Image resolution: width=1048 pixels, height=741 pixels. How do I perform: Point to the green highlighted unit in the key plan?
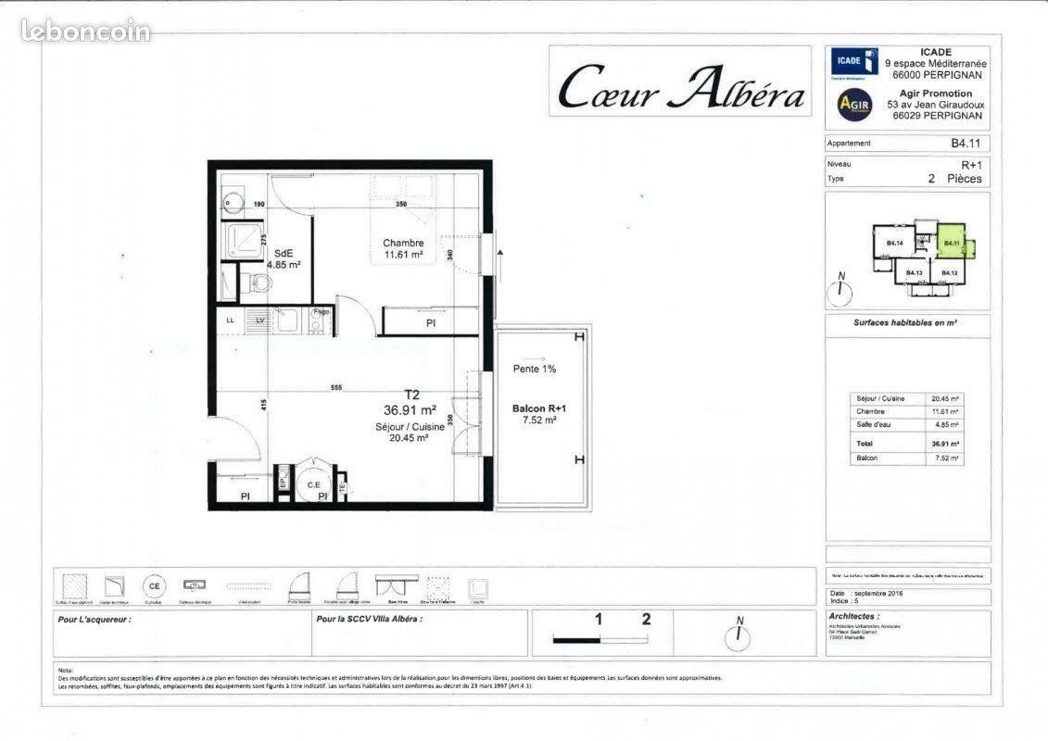949,244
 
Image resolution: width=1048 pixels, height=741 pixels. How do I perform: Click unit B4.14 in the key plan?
894,244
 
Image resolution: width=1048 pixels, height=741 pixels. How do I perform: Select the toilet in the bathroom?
254,283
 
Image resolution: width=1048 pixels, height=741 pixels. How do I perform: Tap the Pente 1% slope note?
535,369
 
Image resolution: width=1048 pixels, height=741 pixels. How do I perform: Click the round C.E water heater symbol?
313,483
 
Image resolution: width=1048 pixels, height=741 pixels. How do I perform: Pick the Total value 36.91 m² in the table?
944,444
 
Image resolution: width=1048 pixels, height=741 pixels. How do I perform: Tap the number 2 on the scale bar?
647,620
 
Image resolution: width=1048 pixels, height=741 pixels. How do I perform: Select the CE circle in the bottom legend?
154,586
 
